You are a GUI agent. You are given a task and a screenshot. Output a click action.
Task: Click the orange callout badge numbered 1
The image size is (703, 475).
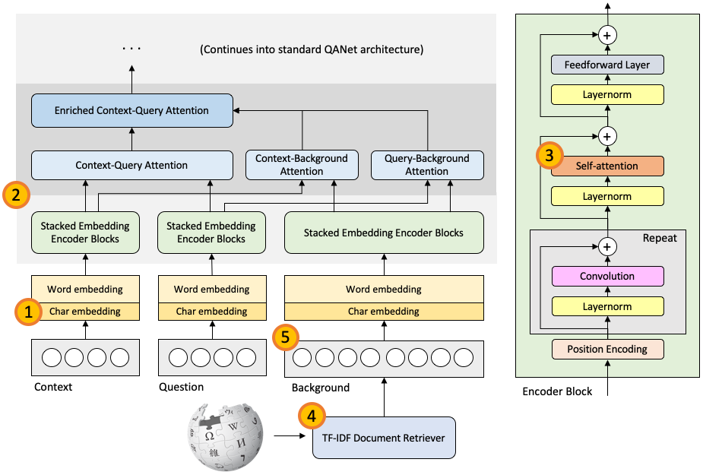pyautogui.click(x=28, y=311)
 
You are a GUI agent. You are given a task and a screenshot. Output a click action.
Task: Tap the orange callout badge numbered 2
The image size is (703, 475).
pyautogui.click(x=16, y=194)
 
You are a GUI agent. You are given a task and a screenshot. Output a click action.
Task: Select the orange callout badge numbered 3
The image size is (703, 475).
pyautogui.click(x=549, y=157)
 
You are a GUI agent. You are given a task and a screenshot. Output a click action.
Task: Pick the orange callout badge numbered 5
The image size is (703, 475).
pyautogui.click(x=285, y=338)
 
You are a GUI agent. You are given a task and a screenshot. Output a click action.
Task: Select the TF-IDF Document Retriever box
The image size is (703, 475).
pyautogui.click(x=384, y=437)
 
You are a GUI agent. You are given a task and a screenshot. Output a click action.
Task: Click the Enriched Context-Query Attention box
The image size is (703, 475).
pyautogui.click(x=131, y=111)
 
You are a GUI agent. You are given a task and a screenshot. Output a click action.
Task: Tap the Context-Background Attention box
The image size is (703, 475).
pyautogui.click(x=302, y=165)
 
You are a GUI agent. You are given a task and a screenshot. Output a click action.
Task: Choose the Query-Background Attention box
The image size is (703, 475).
pyautogui.click(x=426, y=165)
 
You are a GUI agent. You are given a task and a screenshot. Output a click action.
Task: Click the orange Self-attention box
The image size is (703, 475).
pyautogui.click(x=607, y=166)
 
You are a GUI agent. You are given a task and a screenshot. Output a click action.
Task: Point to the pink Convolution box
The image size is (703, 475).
pyautogui.click(x=607, y=276)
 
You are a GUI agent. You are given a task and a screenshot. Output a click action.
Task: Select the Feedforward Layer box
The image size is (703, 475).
pyautogui.click(x=607, y=65)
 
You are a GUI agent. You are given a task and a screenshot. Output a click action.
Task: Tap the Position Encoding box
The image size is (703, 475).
pyautogui.click(x=607, y=350)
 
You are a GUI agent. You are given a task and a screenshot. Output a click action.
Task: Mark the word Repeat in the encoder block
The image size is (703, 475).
pyautogui.click(x=660, y=238)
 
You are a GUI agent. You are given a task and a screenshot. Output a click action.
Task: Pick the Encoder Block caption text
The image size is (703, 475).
pyautogui.click(x=557, y=391)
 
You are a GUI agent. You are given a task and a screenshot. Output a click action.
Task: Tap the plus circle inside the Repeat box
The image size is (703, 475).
pyautogui.click(x=607, y=246)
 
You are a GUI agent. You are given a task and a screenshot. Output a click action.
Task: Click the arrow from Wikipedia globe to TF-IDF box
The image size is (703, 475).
pyautogui.click(x=290, y=436)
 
